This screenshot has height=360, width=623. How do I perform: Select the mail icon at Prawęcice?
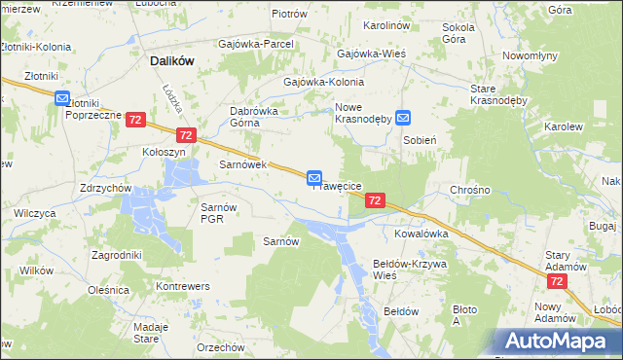pos(314,177)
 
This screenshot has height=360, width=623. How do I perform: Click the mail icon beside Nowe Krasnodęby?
pos(404,118)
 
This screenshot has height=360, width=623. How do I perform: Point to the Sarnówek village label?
pos(242,164)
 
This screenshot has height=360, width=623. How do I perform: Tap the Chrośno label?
pos(469,189)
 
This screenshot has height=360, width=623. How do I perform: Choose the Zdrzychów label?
pos(106,188)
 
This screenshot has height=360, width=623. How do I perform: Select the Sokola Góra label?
pos(458,33)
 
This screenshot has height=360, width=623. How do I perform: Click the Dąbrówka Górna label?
pos(254,117)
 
